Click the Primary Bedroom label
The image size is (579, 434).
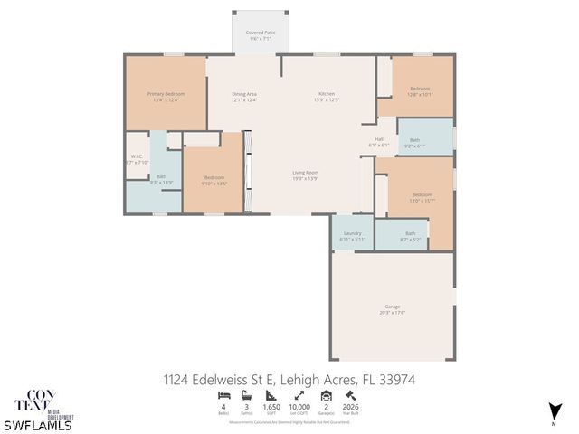pyautogui.click(x=166, y=95)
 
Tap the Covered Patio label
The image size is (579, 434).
pyautogui.click(x=261, y=33)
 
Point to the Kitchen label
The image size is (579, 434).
pyautogui.click(x=327, y=95)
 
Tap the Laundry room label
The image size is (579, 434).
pyautogui.click(x=353, y=235)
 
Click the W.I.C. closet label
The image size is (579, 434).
pyautogui.click(x=138, y=156)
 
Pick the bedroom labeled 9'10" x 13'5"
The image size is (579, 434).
pyautogui.click(x=214, y=178)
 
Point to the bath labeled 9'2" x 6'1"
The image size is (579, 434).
pyautogui.click(x=414, y=142)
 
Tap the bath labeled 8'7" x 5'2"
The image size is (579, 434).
pyautogui.click(x=410, y=234)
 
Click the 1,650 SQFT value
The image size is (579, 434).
pyautogui.click(x=271, y=409)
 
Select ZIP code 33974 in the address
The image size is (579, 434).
pyautogui.click(x=404, y=379)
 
